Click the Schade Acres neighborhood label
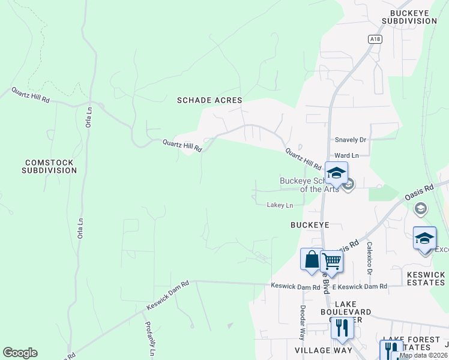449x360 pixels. (x=209, y=100)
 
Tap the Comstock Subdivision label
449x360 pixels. (x=49, y=166)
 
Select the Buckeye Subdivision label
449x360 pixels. (x=413, y=17)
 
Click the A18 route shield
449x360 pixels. (x=375, y=39)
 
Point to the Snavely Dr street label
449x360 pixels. (x=351, y=140)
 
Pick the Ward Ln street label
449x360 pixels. (x=346, y=155)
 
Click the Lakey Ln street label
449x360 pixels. (x=280, y=205)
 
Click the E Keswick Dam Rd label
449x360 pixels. (x=360, y=287)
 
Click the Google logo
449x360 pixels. (x=20, y=353)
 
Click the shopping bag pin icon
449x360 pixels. (x=312, y=260)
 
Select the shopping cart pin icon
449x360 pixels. (x=331, y=262)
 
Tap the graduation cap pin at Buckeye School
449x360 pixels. (x=336, y=173)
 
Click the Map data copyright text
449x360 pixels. (x=423, y=355)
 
